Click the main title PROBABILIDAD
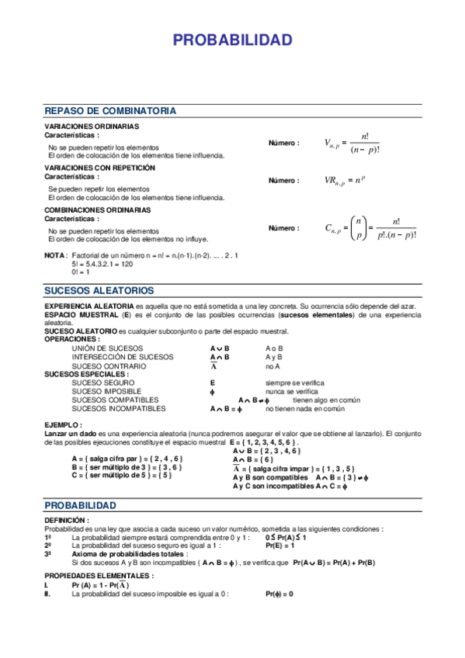tap(232, 40)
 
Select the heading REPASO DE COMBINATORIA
tap(110, 111)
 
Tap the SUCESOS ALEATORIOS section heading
tap(99, 290)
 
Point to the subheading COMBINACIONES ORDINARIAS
tap(97, 210)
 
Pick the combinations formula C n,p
tap(370, 228)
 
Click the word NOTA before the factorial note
tap(55, 255)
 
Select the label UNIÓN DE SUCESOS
tap(107, 349)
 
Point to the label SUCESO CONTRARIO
tap(108, 366)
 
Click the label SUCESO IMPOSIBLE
tap(106, 391)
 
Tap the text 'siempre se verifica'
tap(294, 383)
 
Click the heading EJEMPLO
tap(63, 425)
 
